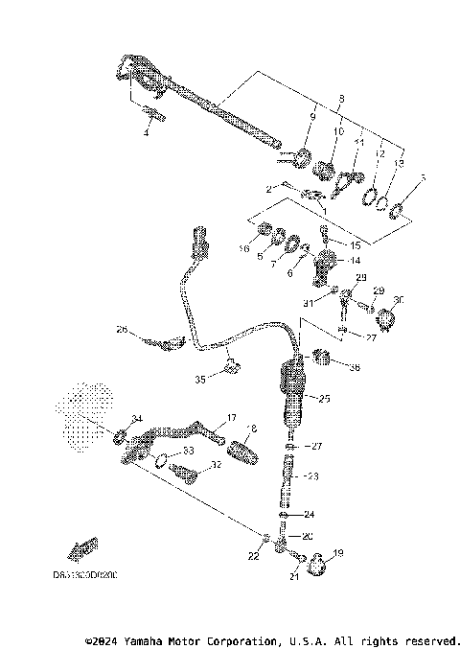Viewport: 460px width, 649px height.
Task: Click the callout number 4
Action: pyautogui.click(x=147, y=132)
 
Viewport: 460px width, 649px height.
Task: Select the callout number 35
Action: pyautogui.click(x=200, y=380)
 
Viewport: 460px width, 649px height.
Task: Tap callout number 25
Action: pyautogui.click(x=323, y=398)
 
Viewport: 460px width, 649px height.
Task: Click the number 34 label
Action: pyautogui.click(x=136, y=418)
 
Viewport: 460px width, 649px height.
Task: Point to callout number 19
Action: pyautogui.click(x=337, y=554)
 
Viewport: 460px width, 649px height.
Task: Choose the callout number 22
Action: pyautogui.click(x=253, y=557)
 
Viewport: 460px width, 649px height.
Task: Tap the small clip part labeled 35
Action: pyautogui.click(x=230, y=364)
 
